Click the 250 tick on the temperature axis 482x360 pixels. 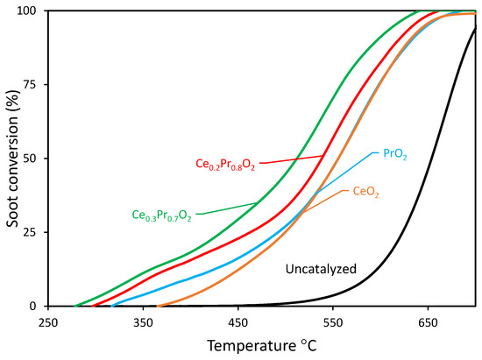(48, 321)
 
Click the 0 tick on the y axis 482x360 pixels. (37, 307)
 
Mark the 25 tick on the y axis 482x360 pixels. (33, 232)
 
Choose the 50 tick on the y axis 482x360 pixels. (33, 159)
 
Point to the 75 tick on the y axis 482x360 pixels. (33, 85)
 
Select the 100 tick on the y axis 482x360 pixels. (31, 11)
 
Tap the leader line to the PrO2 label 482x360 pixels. (346, 170)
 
